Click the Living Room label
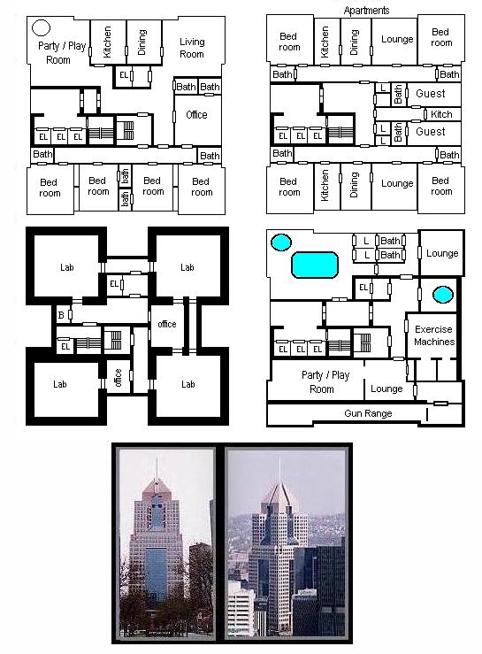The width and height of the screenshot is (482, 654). [x=192, y=48]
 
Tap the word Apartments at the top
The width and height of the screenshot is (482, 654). [x=366, y=11]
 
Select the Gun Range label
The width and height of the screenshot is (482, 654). [x=368, y=413]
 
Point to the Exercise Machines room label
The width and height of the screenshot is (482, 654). [x=434, y=335]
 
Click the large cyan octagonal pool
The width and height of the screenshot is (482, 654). [x=314, y=265]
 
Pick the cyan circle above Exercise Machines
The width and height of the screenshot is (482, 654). [x=443, y=295]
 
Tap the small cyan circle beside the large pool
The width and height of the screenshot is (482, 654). [x=281, y=242]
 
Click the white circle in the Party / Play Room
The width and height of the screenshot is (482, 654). [x=41, y=28]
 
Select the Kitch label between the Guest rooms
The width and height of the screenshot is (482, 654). [x=441, y=114]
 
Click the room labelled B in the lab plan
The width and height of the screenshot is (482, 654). [x=61, y=315]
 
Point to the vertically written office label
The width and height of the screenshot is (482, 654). [x=118, y=378]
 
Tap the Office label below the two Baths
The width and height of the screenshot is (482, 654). [x=196, y=115]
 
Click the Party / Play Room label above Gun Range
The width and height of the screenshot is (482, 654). [x=325, y=381]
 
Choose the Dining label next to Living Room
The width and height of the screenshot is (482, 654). [x=142, y=42]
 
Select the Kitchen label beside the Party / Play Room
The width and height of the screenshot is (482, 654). [x=107, y=42]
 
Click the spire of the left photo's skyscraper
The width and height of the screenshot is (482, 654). [x=157, y=468]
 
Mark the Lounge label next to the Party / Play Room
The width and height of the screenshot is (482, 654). [x=386, y=389]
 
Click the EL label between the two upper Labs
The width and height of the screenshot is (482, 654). [x=114, y=284]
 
